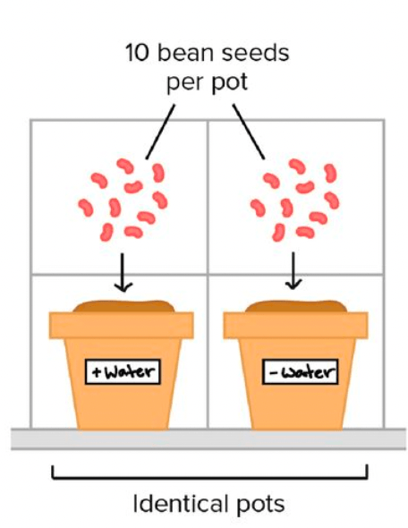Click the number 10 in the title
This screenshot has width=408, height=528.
coord(137,53)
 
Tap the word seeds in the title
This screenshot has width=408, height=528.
coord(256,53)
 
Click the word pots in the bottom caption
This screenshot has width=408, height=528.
coord(261,505)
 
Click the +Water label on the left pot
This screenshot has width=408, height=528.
coord(123,371)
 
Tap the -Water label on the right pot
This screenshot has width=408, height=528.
coord(301,371)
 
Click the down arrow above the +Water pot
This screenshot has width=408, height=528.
coord(123,272)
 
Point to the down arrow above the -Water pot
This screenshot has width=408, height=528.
coord(293,271)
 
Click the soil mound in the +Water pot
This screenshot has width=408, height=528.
coord(123,306)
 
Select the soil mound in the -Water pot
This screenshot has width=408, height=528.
coord(296,306)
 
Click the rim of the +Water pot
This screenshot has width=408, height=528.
coord(121,325)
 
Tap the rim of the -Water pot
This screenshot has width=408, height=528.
coord(295,325)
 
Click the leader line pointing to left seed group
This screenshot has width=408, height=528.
coord(160,132)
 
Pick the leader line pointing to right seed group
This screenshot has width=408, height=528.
coord(249,132)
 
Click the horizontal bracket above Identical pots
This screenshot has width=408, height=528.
coord(209,476)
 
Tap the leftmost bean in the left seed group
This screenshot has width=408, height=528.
coord(86,207)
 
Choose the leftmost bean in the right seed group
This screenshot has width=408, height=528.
coord(258,208)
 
